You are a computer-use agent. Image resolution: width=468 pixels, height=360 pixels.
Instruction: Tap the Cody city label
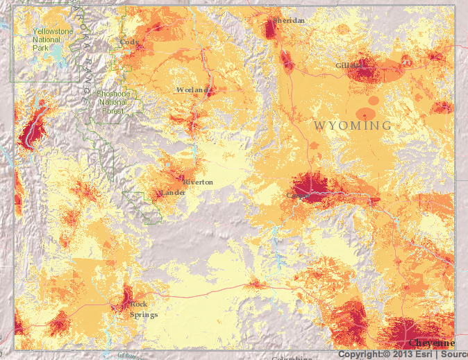click(128, 42)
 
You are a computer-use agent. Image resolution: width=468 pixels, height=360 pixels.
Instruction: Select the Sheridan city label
click(289, 21)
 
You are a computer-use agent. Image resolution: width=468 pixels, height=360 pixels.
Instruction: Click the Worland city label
click(192, 90)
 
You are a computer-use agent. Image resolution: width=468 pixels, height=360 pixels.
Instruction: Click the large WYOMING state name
click(352, 126)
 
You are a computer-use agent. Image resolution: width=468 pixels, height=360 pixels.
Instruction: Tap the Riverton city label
click(199, 182)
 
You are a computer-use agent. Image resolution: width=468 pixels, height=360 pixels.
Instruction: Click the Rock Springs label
click(143, 309)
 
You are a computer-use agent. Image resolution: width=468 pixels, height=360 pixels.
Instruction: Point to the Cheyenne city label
click(431, 343)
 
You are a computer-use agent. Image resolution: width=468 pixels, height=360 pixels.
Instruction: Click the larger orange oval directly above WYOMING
click(365, 114)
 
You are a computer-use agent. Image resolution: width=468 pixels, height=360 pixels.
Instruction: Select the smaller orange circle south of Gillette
click(374, 101)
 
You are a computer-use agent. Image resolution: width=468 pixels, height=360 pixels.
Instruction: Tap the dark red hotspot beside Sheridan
click(271, 28)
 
